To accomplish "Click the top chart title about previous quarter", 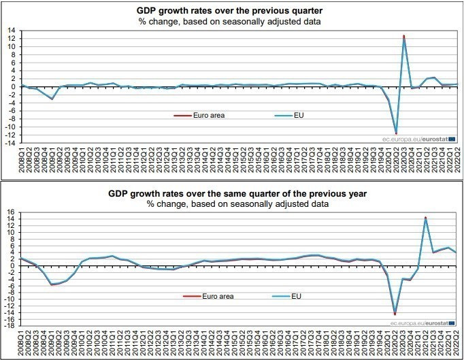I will (x=230, y=11).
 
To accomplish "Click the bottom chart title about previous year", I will (x=230, y=193).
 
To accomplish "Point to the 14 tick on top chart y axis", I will (x=12, y=31).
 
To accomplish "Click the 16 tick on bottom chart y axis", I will (x=10, y=212).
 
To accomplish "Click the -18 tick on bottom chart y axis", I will (x=10, y=325).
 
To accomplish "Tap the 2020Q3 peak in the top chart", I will (x=404, y=37).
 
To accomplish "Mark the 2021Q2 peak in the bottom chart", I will (x=426, y=218).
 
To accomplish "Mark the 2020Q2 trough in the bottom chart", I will (x=395, y=314).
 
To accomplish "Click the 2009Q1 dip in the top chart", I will (x=52, y=99).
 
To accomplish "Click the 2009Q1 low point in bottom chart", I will (x=52, y=284).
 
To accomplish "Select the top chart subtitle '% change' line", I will (x=230, y=22).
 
